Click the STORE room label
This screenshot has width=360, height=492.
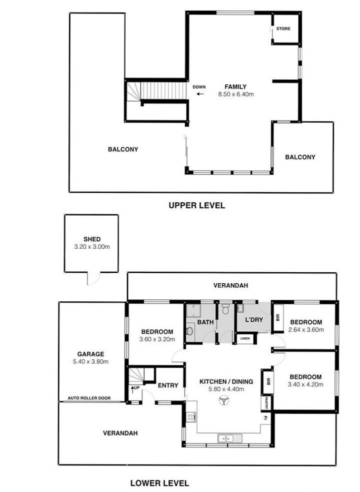(x=283, y=29)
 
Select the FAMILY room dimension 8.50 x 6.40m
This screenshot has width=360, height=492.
(x=235, y=94)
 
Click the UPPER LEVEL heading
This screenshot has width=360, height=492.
(x=196, y=205)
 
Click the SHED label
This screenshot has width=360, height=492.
(x=92, y=239)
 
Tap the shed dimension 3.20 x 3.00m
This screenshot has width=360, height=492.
(x=92, y=246)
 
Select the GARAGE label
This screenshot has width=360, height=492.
(x=90, y=354)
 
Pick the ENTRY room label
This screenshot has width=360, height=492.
(x=167, y=385)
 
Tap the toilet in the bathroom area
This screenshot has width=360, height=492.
(x=226, y=310)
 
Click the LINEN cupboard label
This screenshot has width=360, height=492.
(x=244, y=339)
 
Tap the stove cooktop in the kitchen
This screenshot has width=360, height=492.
(x=190, y=417)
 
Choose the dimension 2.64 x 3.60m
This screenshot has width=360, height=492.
(x=306, y=329)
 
